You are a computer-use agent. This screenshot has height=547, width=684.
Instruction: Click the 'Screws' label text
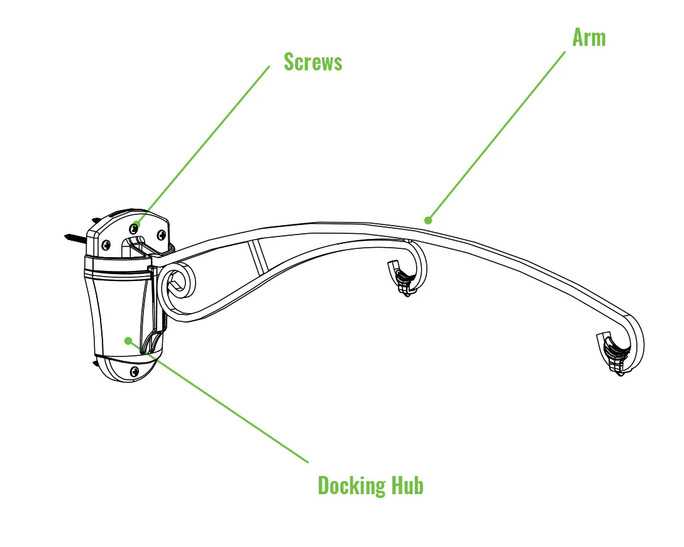click(x=312, y=62)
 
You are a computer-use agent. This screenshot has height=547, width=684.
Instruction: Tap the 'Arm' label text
click(x=588, y=38)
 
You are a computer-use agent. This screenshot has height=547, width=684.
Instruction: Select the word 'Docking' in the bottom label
click(x=351, y=485)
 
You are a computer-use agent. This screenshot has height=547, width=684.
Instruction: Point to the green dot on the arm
click(x=428, y=220)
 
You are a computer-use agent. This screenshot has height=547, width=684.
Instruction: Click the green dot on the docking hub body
click(x=128, y=341)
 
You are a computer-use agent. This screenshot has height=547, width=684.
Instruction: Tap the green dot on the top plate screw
click(x=136, y=224)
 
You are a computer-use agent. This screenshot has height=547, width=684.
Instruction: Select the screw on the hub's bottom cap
click(x=134, y=372)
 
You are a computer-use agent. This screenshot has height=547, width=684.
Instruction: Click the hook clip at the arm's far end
click(x=613, y=355)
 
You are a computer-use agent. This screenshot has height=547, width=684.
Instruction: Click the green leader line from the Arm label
click(x=497, y=135)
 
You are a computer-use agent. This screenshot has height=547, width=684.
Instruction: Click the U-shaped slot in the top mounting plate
click(x=137, y=241)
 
